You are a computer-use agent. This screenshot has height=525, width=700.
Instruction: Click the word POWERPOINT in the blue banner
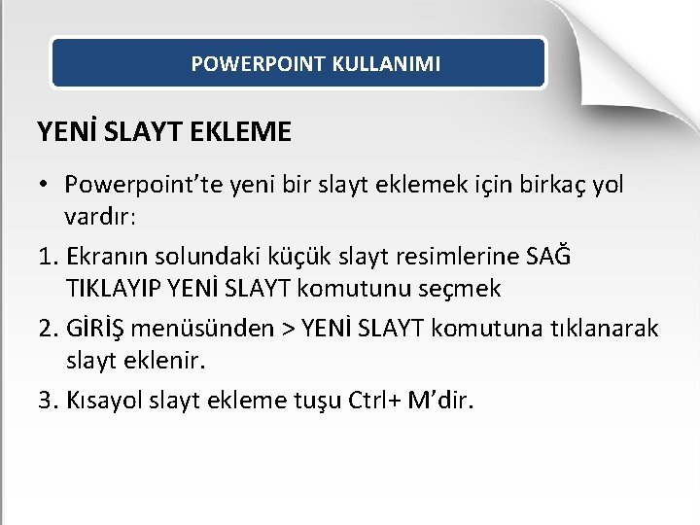(258, 64)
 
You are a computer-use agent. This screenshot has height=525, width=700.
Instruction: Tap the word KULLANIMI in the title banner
(386, 64)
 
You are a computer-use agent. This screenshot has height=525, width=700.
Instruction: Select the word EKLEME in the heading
(247, 131)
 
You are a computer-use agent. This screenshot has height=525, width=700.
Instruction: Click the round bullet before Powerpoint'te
(45, 184)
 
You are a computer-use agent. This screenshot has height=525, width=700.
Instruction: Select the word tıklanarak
(609, 329)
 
